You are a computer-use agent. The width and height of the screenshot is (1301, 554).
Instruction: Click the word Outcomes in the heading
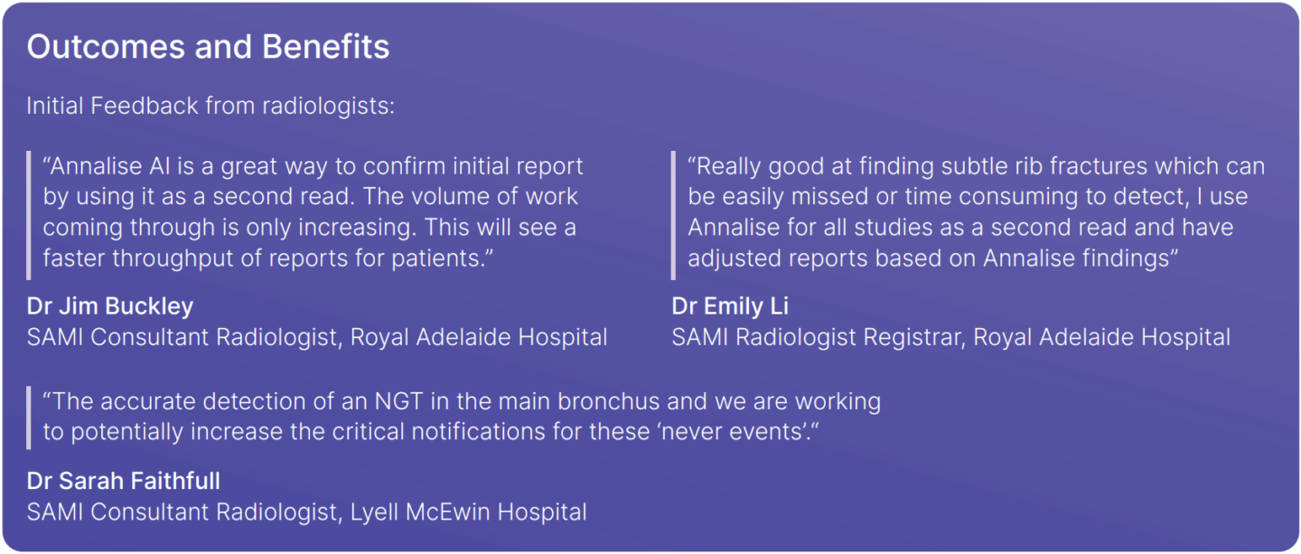point(107,46)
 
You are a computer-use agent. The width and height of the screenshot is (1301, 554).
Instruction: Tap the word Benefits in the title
point(325,46)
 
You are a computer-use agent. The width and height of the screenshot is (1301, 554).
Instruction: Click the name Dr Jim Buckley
point(110,306)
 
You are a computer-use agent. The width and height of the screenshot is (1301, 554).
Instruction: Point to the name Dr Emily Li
point(730,306)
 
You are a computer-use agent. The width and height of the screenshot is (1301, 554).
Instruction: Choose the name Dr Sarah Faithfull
point(123,481)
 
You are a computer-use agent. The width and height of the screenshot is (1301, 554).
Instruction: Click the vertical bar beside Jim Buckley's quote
point(29,215)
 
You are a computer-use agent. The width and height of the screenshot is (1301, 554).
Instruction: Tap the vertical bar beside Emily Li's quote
point(673,215)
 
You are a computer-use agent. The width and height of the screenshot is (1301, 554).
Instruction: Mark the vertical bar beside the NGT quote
point(29,418)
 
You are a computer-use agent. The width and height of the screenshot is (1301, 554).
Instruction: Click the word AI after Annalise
point(159,166)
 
